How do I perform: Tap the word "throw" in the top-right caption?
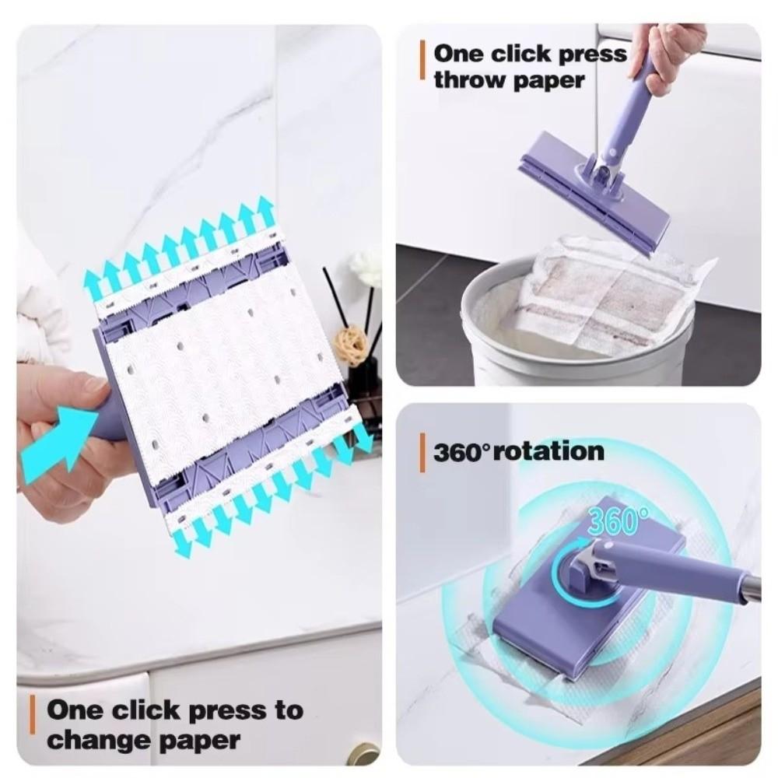click(x=467, y=79)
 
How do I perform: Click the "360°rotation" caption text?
click(x=518, y=451)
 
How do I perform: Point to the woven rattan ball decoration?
click(x=350, y=342)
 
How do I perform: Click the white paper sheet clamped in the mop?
click(x=226, y=366)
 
